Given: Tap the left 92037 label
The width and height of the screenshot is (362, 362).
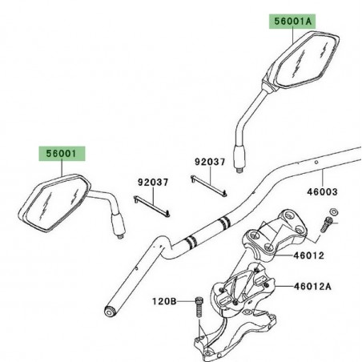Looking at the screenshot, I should (x=151, y=183).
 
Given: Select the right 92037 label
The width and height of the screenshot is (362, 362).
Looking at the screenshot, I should (x=211, y=162).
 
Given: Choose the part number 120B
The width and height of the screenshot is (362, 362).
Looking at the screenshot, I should (x=164, y=301).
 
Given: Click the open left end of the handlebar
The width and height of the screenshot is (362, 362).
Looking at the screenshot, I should (x=110, y=309).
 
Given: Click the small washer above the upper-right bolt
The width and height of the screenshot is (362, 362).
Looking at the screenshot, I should (x=334, y=211).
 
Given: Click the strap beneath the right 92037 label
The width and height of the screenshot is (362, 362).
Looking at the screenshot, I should (x=211, y=185).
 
